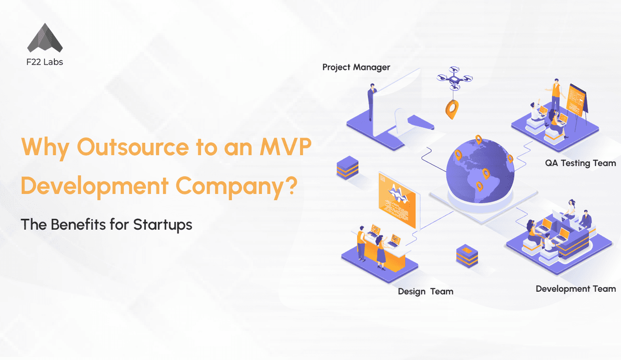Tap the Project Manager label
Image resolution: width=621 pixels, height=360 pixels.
(356, 67)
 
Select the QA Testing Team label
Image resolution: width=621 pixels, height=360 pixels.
(580, 163)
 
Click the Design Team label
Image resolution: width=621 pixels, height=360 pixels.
(425, 292)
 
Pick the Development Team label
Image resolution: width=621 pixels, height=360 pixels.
(575, 289)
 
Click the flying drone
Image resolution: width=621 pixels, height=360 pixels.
(454, 77)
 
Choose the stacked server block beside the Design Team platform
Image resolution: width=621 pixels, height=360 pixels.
(467, 256)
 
